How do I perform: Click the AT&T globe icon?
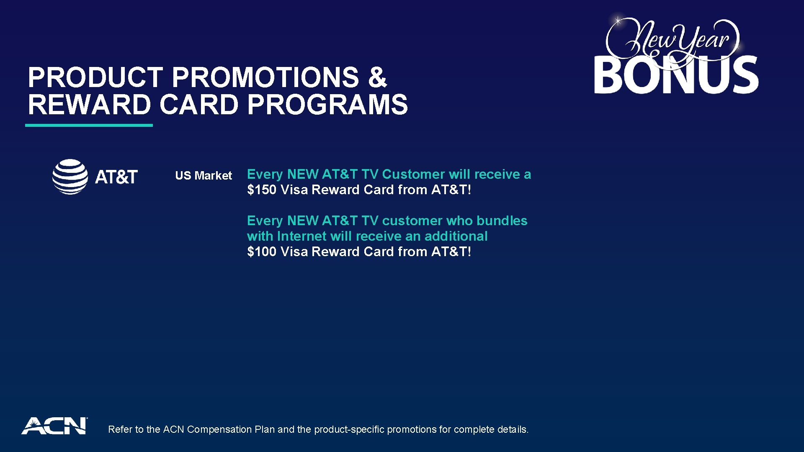pyautogui.click(x=70, y=177)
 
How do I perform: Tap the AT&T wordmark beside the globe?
pyautogui.click(x=116, y=177)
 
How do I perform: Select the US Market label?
pyautogui.click(x=204, y=175)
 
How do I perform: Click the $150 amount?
pyautogui.click(x=262, y=190)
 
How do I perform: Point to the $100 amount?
pyautogui.click(x=262, y=252)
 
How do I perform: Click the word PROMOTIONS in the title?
pyautogui.click(x=265, y=78)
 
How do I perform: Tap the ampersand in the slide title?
pyautogui.click(x=377, y=78)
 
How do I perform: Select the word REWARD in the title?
pyautogui.click(x=89, y=105)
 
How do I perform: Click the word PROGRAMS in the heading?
pyautogui.click(x=327, y=105)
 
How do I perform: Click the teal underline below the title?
pyautogui.click(x=89, y=125)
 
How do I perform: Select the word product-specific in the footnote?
pyautogui.click(x=349, y=429)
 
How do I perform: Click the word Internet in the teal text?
pyautogui.click(x=301, y=236)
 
